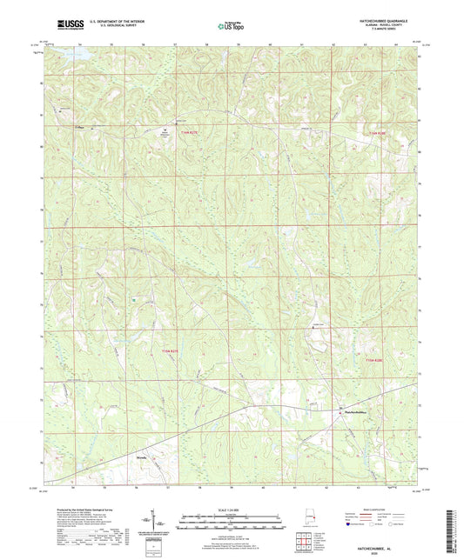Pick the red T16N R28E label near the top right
375,132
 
